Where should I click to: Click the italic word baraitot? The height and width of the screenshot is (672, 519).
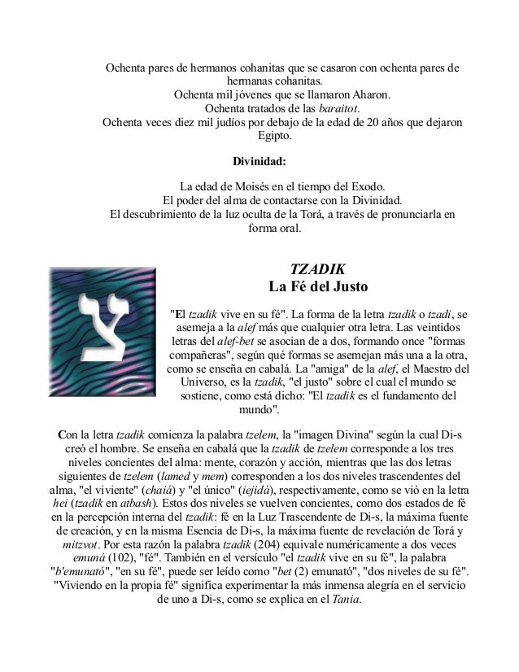pyautogui.click(x=334, y=109)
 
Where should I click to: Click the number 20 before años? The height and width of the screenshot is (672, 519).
pyautogui.click(x=367, y=124)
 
